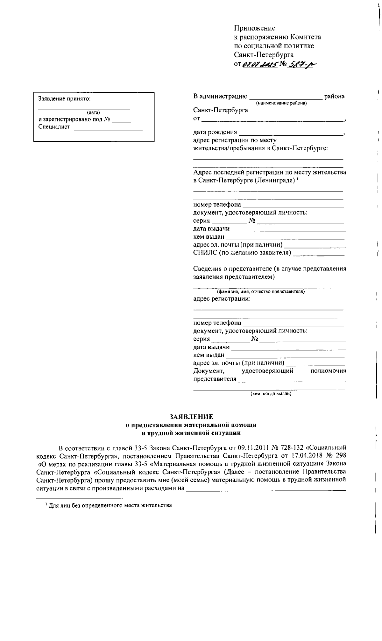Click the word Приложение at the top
[254, 28]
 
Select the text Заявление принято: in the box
[65, 99]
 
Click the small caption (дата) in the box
[93, 113]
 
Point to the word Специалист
[54, 127]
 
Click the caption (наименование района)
[281, 103]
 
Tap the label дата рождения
[215, 132]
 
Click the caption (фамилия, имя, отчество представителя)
[261, 291]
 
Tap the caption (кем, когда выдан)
[271, 394]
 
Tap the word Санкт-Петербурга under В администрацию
[220, 111]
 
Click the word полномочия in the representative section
[328, 371]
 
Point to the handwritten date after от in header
[259, 64]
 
